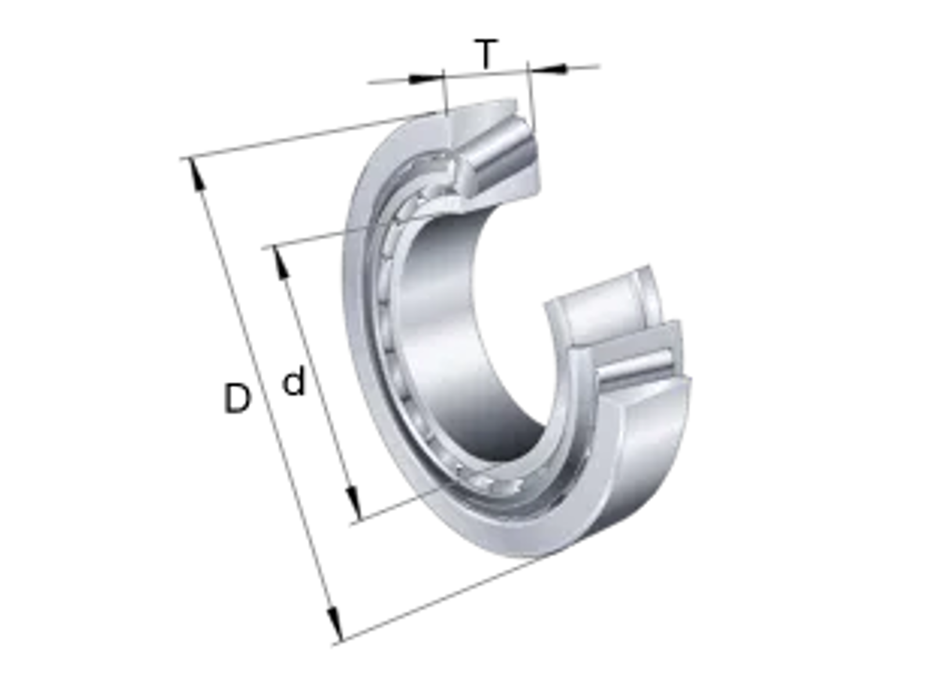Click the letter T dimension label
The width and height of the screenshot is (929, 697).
[x=486, y=54]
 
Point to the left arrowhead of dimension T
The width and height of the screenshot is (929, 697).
[x=426, y=79]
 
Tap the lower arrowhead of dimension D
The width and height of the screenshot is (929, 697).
[x=335, y=623]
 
